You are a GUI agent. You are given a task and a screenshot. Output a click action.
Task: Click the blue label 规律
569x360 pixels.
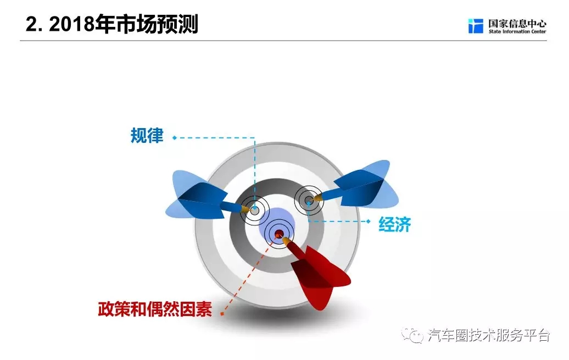(147, 136)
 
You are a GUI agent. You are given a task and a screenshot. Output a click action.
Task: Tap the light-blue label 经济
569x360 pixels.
(394, 224)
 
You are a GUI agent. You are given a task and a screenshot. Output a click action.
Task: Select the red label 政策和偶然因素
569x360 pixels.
(155, 309)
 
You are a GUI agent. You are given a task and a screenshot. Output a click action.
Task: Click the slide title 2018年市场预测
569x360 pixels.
(124, 24)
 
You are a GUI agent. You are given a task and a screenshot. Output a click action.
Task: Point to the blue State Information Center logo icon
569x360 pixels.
(476, 26)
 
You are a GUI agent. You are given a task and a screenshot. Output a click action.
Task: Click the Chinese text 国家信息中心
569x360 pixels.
(517, 24)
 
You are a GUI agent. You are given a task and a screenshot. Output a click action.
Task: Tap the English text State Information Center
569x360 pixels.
(517, 32)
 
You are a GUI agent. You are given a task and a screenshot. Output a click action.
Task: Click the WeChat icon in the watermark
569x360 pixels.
(412, 335)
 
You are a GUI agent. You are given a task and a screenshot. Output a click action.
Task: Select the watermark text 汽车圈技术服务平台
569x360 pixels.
(488, 335)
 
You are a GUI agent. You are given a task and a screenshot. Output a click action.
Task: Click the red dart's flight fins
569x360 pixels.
(319, 276)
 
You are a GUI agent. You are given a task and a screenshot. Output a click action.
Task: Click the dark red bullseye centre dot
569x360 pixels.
(279, 233)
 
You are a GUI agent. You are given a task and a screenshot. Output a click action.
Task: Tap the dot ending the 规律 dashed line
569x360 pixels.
(175, 137)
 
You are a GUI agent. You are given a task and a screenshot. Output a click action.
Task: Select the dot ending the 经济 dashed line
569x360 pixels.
(369, 221)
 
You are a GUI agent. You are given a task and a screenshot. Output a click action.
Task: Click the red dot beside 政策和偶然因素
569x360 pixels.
(222, 314)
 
